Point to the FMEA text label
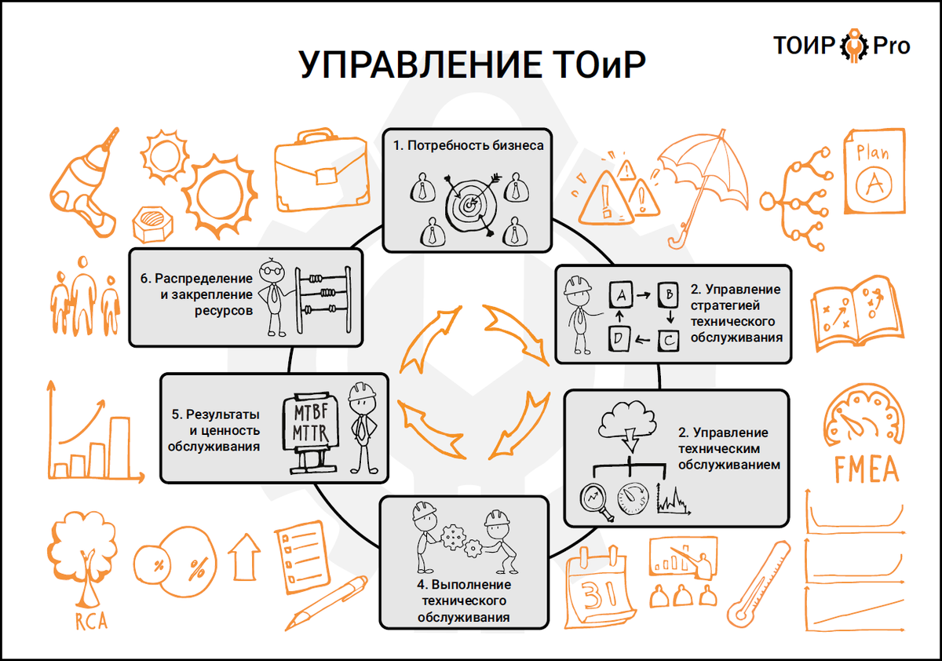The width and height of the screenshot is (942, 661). [866, 470]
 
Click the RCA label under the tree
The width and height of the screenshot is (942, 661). [91, 623]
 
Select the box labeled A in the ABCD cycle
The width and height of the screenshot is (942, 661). [621, 297]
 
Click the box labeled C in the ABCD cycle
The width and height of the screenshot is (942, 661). [668, 342]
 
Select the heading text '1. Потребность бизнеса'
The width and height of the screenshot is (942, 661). [469, 146]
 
